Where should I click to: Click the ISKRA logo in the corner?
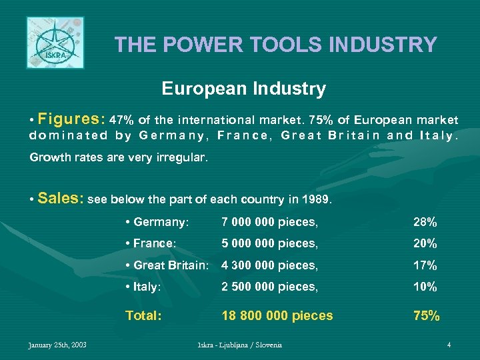(55, 43)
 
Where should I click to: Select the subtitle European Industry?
(243, 89)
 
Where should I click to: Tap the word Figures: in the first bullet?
(72, 120)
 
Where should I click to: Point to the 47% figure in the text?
(121, 121)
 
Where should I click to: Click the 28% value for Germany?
(425, 222)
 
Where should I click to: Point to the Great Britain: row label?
(168, 265)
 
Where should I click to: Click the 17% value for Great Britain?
(425, 265)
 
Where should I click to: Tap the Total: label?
(144, 315)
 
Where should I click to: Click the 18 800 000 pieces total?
(277, 315)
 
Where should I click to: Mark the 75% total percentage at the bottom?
(427, 315)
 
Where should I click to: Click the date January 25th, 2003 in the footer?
(57, 345)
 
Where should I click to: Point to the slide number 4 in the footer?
(449, 345)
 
